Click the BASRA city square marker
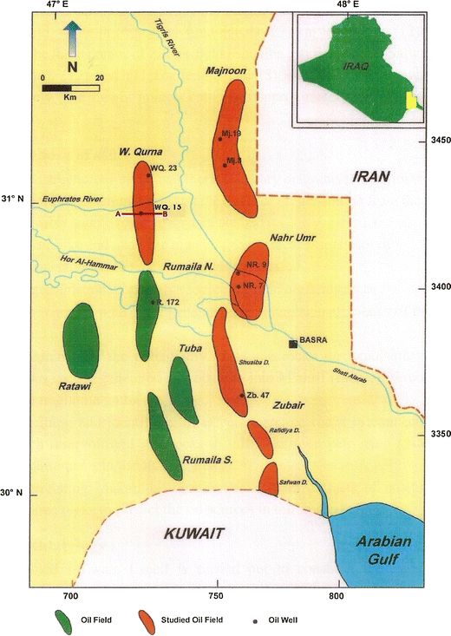click(294, 344)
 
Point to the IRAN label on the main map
click(372, 177)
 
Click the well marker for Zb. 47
click(242, 396)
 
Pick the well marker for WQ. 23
click(148, 174)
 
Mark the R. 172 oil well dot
click(153, 302)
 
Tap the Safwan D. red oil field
click(268, 480)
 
